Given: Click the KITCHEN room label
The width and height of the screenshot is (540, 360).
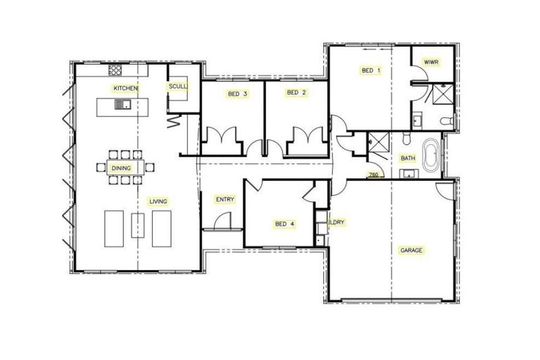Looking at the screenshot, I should click(x=125, y=88).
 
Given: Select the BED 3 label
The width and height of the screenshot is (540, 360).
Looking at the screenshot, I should click(x=237, y=94).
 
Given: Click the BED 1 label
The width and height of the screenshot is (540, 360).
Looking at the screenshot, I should click(x=371, y=70).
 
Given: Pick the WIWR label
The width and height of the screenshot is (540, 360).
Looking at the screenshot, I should click(x=431, y=63).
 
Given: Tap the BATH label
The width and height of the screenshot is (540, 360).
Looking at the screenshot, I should click(x=408, y=158).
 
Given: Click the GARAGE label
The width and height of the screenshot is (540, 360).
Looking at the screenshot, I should click(x=411, y=250).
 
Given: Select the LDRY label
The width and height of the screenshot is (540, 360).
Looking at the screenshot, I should click(x=337, y=222).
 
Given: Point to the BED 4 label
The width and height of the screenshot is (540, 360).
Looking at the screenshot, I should click(x=284, y=224).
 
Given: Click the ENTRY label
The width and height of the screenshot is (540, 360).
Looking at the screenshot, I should click(x=224, y=200).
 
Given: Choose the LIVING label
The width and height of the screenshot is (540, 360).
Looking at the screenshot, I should click(x=157, y=202).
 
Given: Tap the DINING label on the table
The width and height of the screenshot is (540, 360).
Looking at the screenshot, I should click(x=121, y=169).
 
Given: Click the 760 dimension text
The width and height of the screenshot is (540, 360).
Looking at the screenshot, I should click(x=373, y=174).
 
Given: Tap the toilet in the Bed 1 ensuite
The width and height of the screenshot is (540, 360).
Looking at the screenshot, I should click(x=445, y=122).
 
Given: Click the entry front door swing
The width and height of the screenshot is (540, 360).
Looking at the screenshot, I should click(x=222, y=221).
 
